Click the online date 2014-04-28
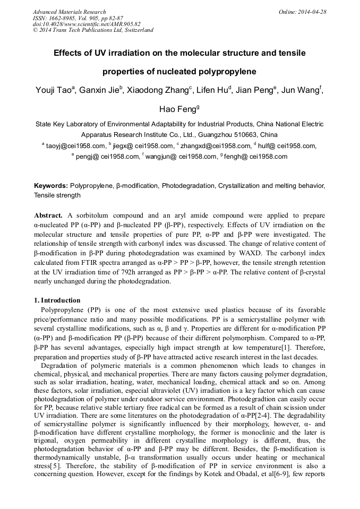(x=313, y=12)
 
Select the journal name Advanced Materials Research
(x=69, y=12)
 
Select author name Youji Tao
(x=55, y=91)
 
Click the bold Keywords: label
(x=51, y=186)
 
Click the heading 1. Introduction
(x=57, y=300)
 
